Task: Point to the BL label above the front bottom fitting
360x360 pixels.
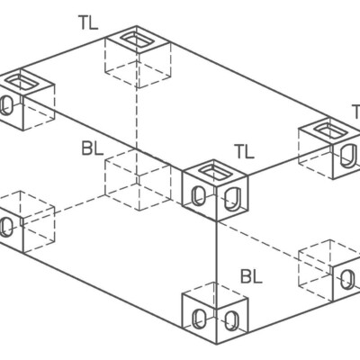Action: (x=250, y=275)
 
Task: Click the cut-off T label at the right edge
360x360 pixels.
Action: (x=355, y=112)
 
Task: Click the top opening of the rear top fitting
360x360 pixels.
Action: (x=139, y=40)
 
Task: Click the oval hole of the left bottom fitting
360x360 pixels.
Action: (x=7, y=226)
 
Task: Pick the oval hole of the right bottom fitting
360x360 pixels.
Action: (x=346, y=279)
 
